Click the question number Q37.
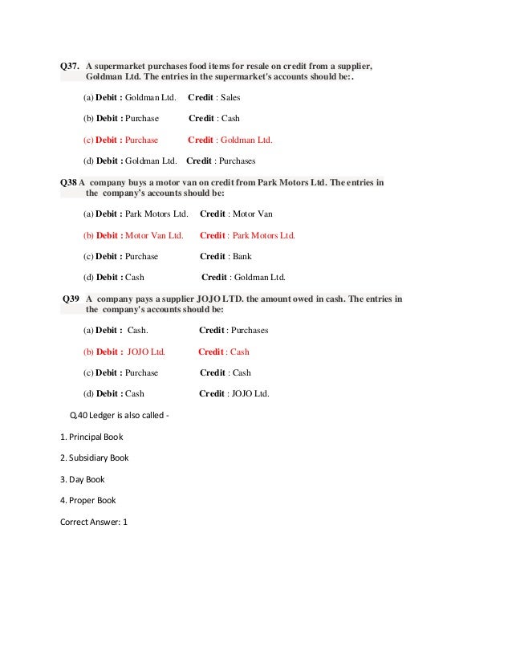71,66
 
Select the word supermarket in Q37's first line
122,66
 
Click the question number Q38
68,182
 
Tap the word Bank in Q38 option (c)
241,256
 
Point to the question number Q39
71,299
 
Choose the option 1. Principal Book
91,437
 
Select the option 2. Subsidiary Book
94,458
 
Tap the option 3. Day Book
82,478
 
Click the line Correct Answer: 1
93,521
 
